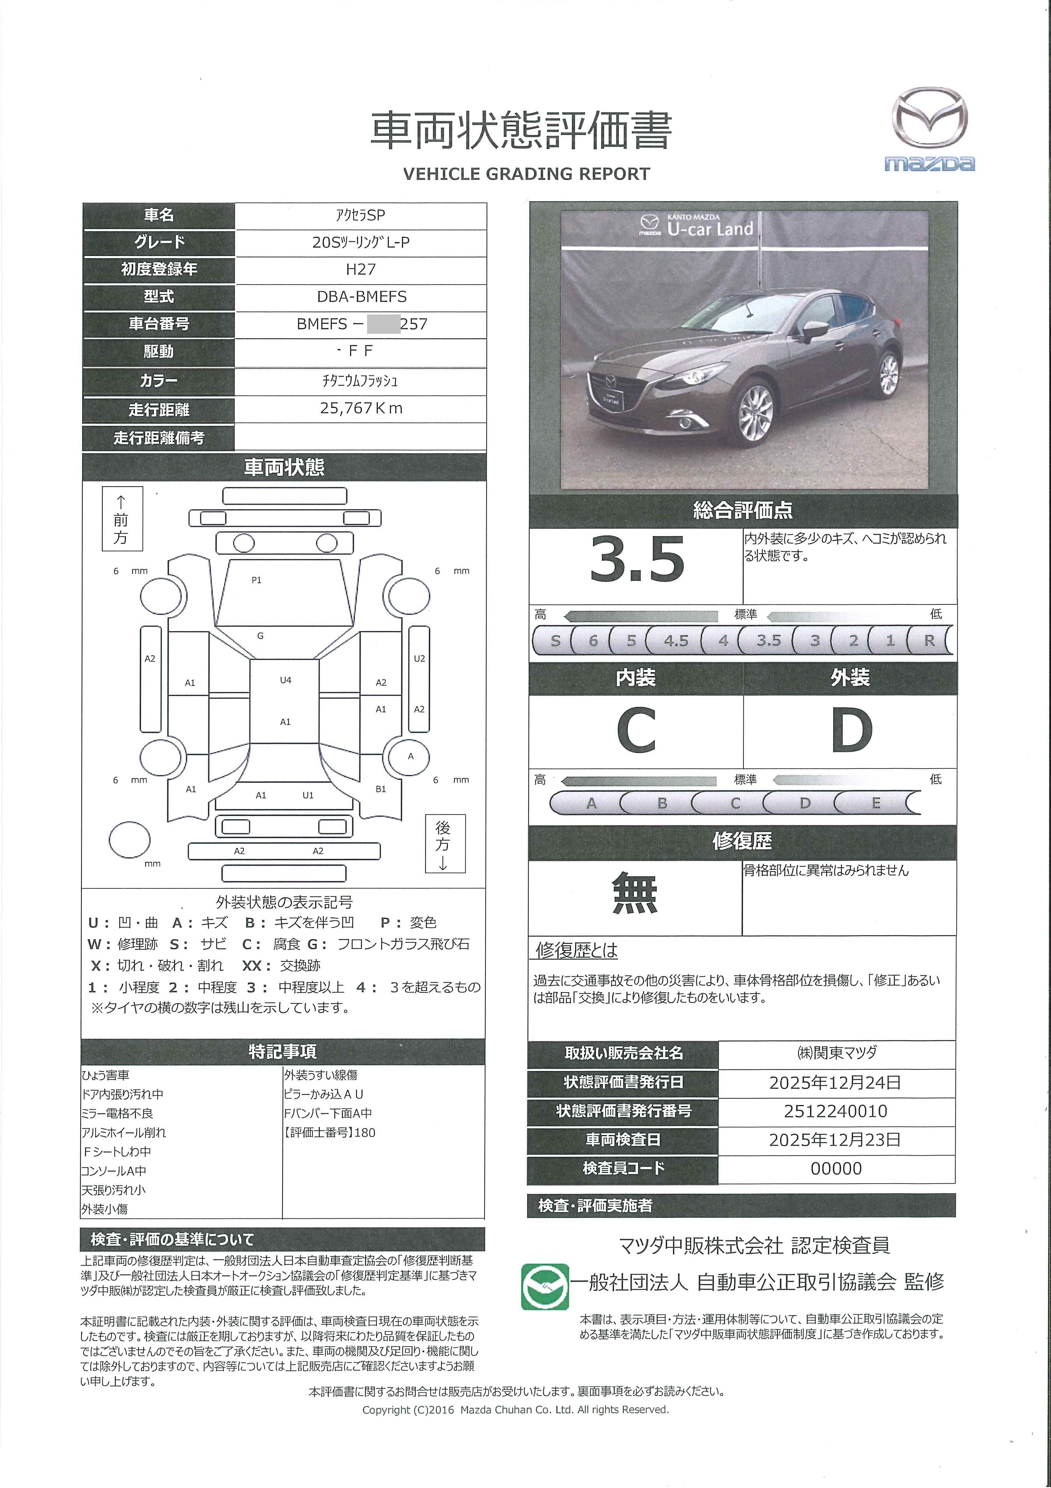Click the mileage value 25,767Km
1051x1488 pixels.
(361, 408)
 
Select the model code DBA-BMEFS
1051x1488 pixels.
(361, 297)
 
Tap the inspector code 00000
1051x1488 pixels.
(836, 1168)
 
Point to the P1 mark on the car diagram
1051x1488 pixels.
(256, 580)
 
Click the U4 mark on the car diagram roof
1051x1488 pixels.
(285, 680)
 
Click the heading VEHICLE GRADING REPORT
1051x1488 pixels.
(526, 174)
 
